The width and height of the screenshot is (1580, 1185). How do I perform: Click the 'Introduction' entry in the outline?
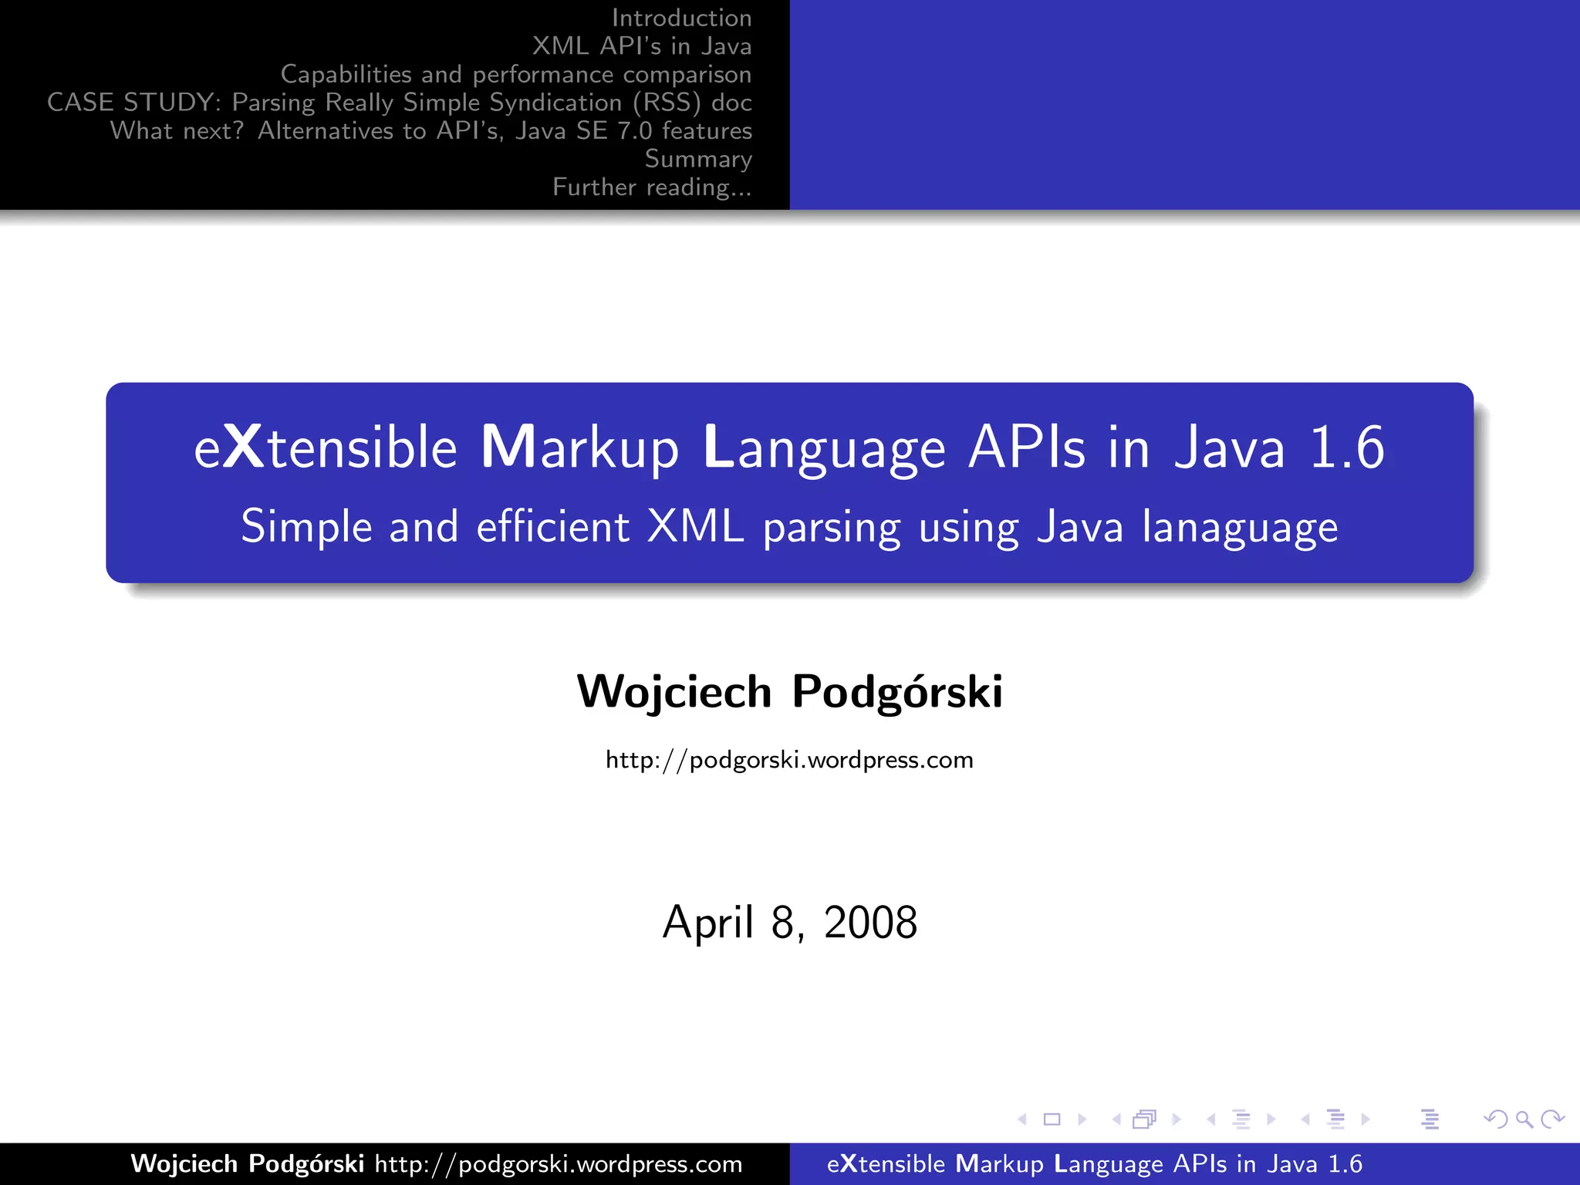[681, 18]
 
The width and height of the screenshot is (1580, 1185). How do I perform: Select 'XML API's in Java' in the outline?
[641, 46]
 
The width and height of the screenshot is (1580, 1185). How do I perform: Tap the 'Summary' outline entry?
[698, 159]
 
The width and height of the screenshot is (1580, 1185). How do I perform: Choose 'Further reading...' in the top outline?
[652, 187]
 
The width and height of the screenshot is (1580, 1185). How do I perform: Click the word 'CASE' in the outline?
[80, 103]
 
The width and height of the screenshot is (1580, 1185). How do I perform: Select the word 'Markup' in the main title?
[579, 447]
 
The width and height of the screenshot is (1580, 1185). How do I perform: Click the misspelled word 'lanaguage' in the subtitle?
[1240, 528]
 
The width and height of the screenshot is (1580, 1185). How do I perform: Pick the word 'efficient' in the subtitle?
[553, 526]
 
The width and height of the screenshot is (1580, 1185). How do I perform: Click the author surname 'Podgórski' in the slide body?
[897, 691]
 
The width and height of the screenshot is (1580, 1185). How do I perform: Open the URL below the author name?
[789, 760]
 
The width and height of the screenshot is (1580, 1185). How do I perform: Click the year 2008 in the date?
[870, 922]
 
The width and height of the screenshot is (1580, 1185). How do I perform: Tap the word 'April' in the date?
[707, 922]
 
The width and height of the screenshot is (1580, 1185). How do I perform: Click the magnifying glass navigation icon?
[1524, 1119]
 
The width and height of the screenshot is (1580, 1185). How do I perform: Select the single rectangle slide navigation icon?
[1052, 1119]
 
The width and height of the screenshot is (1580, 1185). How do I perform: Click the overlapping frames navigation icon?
[1145, 1119]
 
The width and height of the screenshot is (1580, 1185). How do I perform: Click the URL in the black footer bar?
[559, 1163]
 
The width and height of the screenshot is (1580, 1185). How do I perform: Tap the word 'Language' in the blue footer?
[1109, 1163]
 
